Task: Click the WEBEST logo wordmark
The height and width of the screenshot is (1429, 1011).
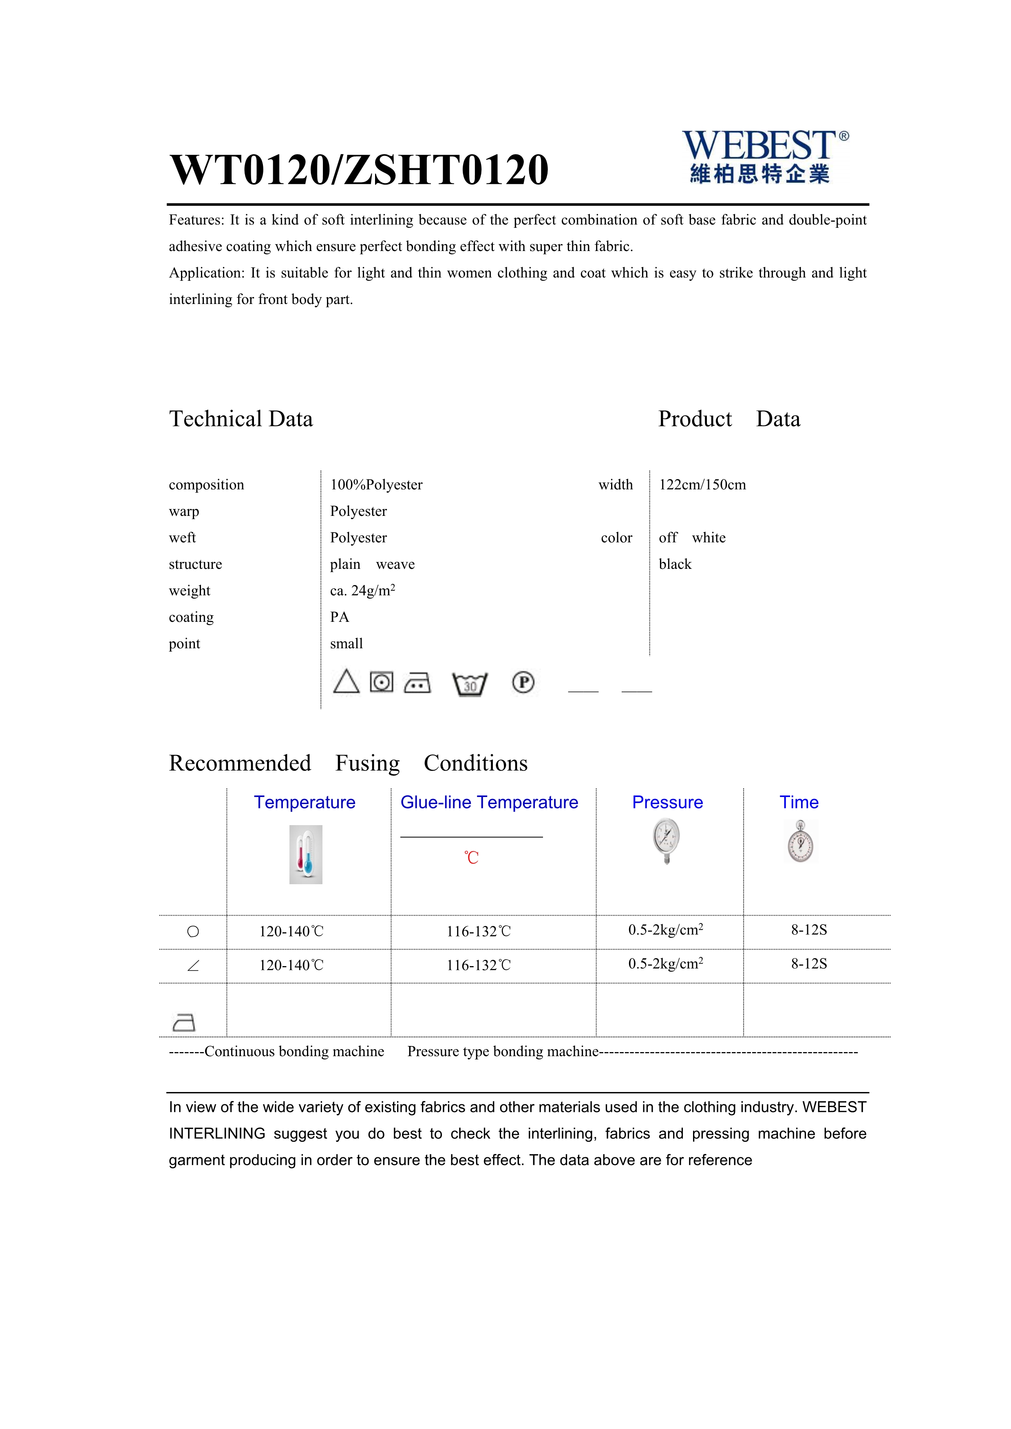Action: click(x=759, y=146)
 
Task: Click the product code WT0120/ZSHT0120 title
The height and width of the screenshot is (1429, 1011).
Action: click(x=359, y=170)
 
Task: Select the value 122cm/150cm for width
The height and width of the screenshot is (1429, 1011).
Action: click(x=702, y=485)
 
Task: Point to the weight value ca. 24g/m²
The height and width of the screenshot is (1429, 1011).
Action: click(x=362, y=591)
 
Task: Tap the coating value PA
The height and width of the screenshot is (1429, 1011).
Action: click(x=339, y=617)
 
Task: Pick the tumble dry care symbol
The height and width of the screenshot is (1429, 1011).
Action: click(x=382, y=682)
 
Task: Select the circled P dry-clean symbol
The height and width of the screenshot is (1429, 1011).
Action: click(x=523, y=682)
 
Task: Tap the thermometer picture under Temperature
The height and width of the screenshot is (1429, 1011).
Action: click(x=306, y=854)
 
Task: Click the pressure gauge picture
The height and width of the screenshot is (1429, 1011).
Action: click(x=667, y=841)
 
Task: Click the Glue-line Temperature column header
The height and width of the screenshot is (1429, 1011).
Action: click(x=489, y=802)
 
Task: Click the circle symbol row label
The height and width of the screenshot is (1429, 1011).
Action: click(x=193, y=932)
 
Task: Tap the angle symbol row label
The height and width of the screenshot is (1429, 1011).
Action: click(x=193, y=965)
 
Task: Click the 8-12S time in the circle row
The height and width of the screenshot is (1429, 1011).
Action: click(x=809, y=930)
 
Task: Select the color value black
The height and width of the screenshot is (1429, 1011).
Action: click(x=675, y=564)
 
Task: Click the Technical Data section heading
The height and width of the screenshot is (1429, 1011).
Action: click(x=241, y=419)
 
